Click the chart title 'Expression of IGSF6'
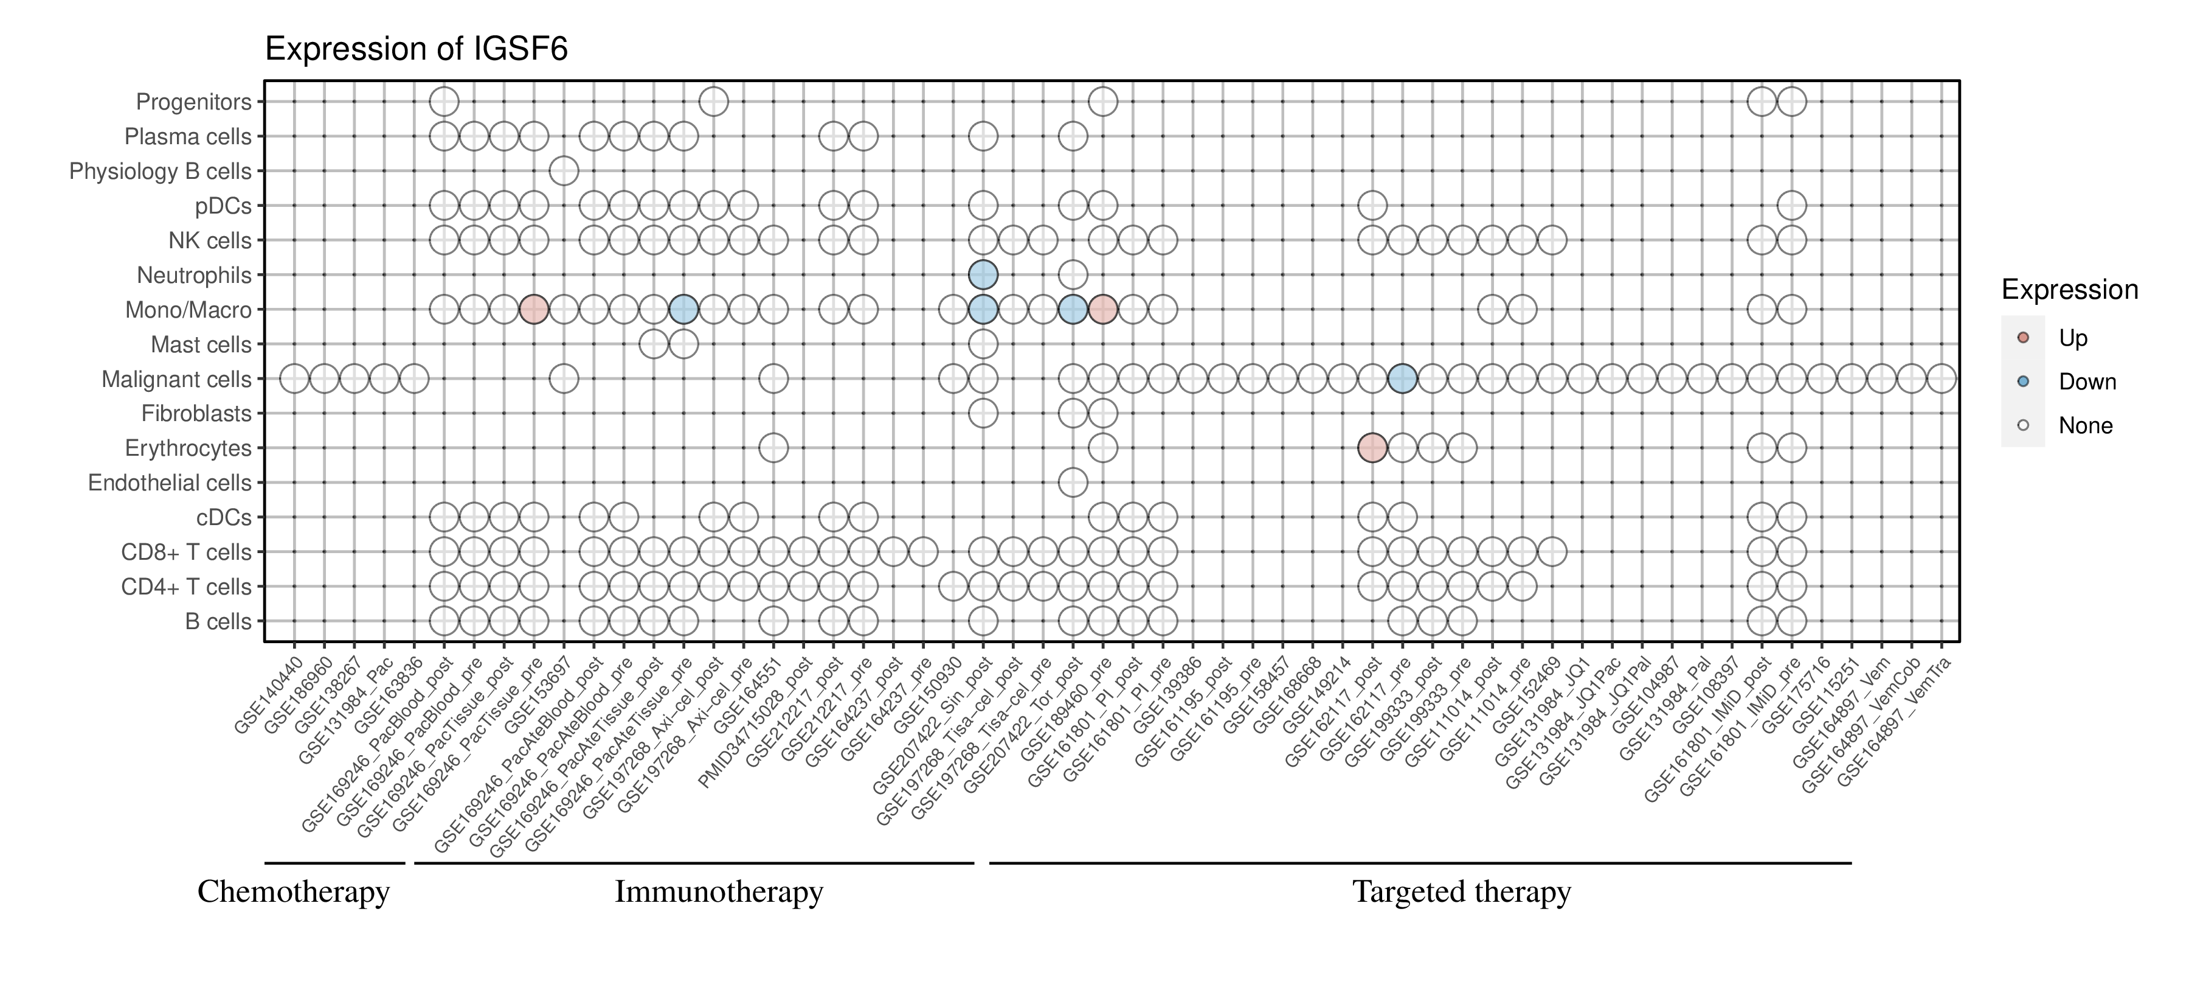click(417, 49)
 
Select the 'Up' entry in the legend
click(2073, 338)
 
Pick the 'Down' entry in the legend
click(2086, 382)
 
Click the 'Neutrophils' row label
click(194, 276)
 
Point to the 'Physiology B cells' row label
click(160, 172)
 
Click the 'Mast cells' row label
click(201, 345)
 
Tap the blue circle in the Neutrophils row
click(983, 274)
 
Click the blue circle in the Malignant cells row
click(1402, 378)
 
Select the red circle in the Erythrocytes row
click(1372, 447)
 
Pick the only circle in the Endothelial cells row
click(1073, 482)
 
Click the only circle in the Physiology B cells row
click(564, 171)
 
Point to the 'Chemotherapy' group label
click(293, 892)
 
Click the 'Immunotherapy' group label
click(719, 892)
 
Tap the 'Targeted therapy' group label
click(1462, 892)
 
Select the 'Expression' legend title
click(2069, 290)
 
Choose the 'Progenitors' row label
click(194, 102)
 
